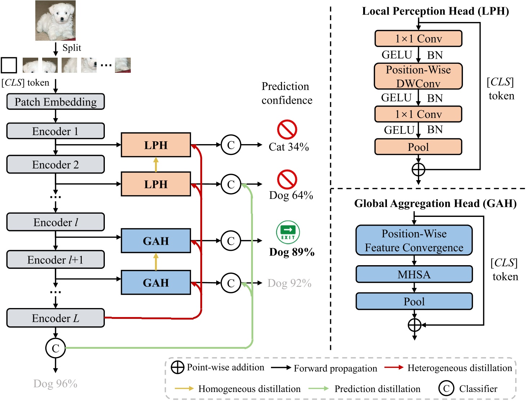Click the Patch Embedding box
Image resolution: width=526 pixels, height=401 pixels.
[55, 102]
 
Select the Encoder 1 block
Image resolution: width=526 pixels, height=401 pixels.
[55, 131]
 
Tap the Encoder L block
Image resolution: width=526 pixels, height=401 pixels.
[55, 318]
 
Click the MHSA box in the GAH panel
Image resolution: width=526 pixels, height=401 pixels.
[414, 275]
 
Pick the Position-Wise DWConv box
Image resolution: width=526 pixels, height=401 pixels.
[418, 76]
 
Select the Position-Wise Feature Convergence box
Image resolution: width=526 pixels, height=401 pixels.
[414, 240]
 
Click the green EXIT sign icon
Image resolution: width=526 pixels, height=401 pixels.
[288, 232]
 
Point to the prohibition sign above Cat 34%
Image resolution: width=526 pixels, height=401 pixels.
[287, 129]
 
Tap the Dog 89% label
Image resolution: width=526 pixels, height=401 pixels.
[292, 252]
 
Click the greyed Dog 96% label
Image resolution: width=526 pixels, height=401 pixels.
[55, 384]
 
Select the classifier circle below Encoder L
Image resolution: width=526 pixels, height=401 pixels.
[55, 348]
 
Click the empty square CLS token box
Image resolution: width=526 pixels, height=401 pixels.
[9, 65]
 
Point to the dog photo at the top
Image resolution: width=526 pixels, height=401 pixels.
[55, 21]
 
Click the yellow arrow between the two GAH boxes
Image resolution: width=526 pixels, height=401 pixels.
[156, 262]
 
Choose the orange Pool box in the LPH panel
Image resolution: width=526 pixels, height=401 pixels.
[418, 147]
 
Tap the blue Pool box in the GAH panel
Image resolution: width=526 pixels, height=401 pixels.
[414, 302]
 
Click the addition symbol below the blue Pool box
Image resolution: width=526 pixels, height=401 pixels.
[414, 325]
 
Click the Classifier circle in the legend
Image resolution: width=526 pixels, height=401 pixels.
[446, 388]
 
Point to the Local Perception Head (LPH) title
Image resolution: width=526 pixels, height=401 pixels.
[435, 11]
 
